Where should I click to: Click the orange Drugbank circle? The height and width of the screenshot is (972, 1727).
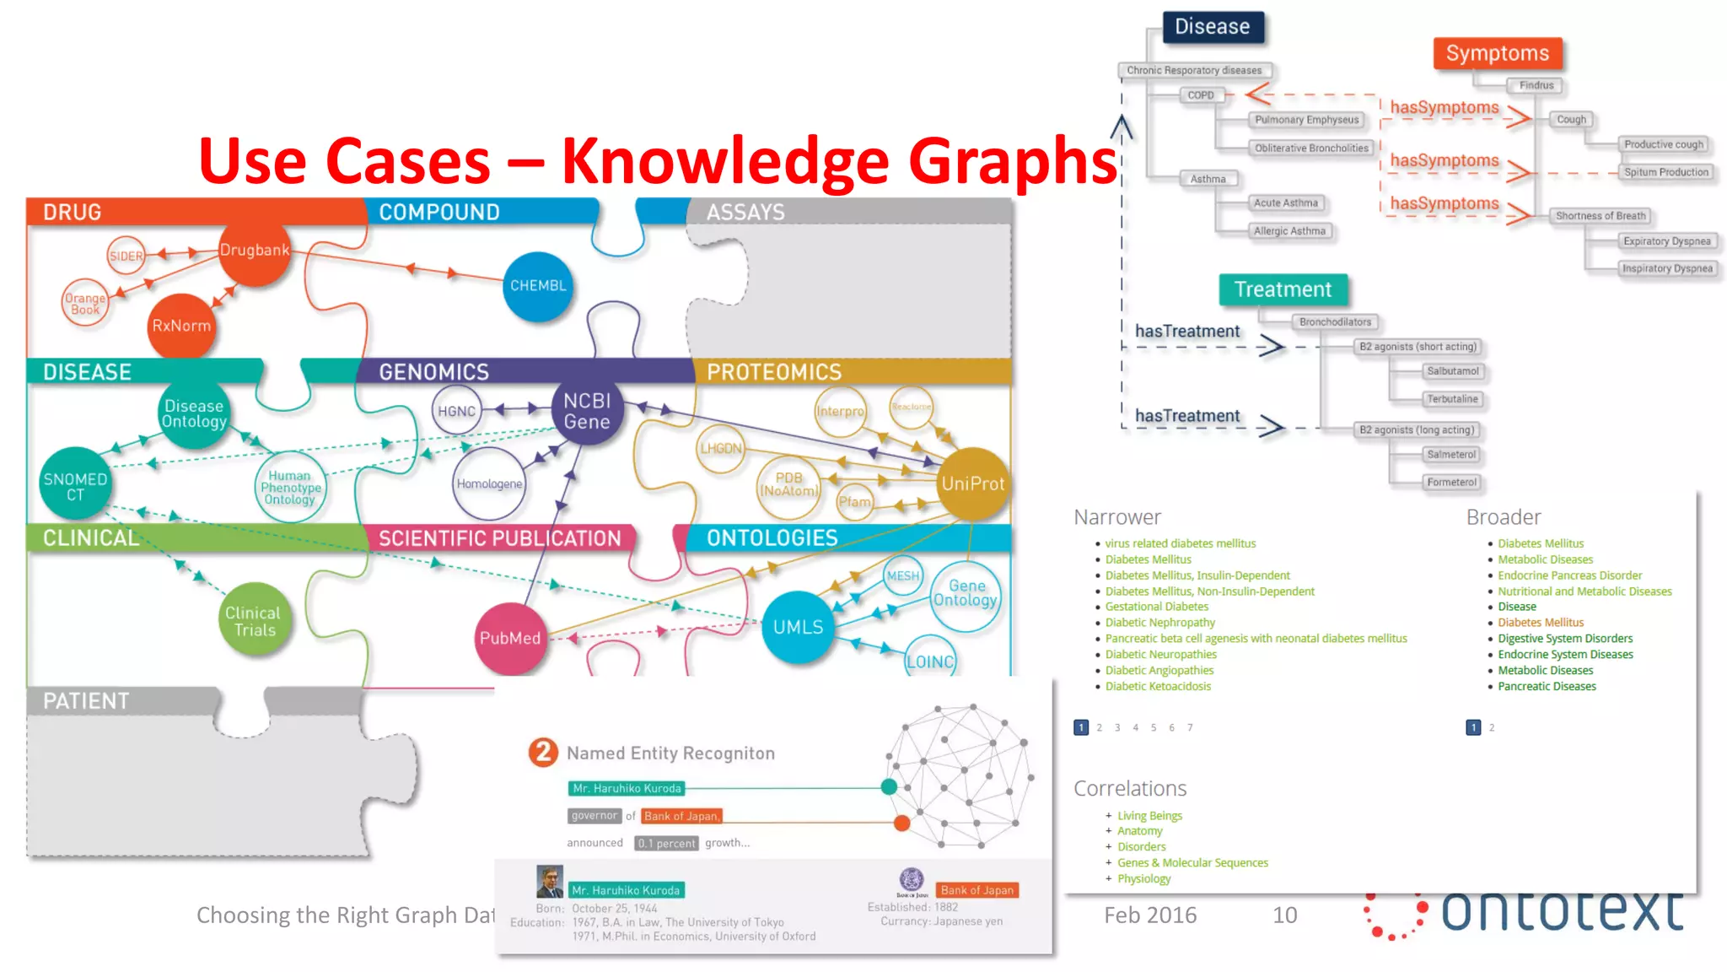click(255, 251)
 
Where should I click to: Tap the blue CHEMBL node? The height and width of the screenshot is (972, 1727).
click(538, 286)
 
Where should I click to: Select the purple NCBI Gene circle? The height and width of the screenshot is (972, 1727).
click(587, 411)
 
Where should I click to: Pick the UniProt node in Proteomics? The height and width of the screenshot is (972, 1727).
click(972, 483)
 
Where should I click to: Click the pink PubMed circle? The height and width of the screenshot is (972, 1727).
click(510, 638)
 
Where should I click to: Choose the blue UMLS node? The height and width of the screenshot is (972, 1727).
click(798, 627)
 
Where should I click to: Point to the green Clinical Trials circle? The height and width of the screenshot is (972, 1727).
click(255, 621)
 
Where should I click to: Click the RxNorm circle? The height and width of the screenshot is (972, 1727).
click(181, 326)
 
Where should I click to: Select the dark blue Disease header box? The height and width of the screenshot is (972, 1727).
click(1213, 27)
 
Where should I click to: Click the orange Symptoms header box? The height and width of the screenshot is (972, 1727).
click(1498, 54)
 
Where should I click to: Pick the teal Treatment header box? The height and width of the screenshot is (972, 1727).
click(1283, 289)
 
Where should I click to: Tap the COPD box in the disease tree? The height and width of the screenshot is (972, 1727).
click(1201, 95)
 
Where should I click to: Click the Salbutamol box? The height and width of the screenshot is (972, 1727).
click(1452, 371)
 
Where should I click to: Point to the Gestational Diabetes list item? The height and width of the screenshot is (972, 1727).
click(1156, 607)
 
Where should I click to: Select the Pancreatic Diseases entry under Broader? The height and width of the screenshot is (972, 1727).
click(1547, 686)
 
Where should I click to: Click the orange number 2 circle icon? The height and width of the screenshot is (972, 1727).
click(543, 752)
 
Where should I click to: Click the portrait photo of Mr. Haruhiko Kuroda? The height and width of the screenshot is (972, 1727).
click(550, 882)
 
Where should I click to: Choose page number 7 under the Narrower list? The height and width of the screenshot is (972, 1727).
click(1190, 727)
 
